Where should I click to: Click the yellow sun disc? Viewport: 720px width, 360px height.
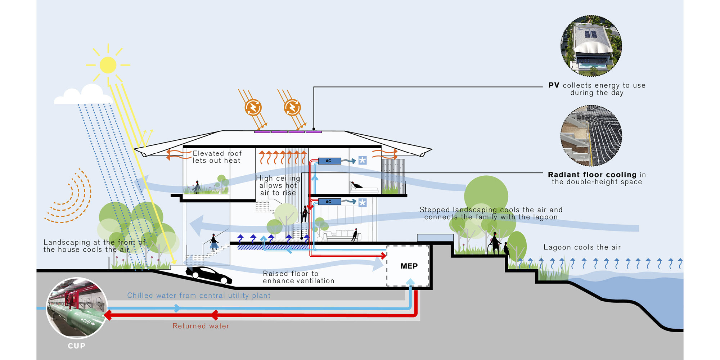108,65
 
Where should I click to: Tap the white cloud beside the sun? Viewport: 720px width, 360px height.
84,95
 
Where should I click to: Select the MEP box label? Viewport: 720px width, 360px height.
409,266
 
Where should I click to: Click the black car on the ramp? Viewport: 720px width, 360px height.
208,275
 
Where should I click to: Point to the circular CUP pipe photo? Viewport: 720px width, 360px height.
77,307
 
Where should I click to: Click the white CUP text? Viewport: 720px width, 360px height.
77,346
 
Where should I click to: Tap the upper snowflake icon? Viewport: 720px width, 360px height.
362,161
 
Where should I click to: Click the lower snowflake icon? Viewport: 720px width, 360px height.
362,203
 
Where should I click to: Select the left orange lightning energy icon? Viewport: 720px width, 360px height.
253,107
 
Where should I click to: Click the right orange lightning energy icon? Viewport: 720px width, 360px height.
292,107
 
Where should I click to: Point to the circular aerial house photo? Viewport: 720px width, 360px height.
591,46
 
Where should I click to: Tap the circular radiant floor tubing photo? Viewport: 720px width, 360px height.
591,136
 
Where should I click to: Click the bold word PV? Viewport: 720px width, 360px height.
554,85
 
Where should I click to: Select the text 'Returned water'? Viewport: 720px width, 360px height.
201,326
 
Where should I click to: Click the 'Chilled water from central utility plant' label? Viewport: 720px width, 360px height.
199,296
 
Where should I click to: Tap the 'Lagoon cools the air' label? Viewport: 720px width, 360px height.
582,247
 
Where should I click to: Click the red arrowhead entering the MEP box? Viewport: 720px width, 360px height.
383,256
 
